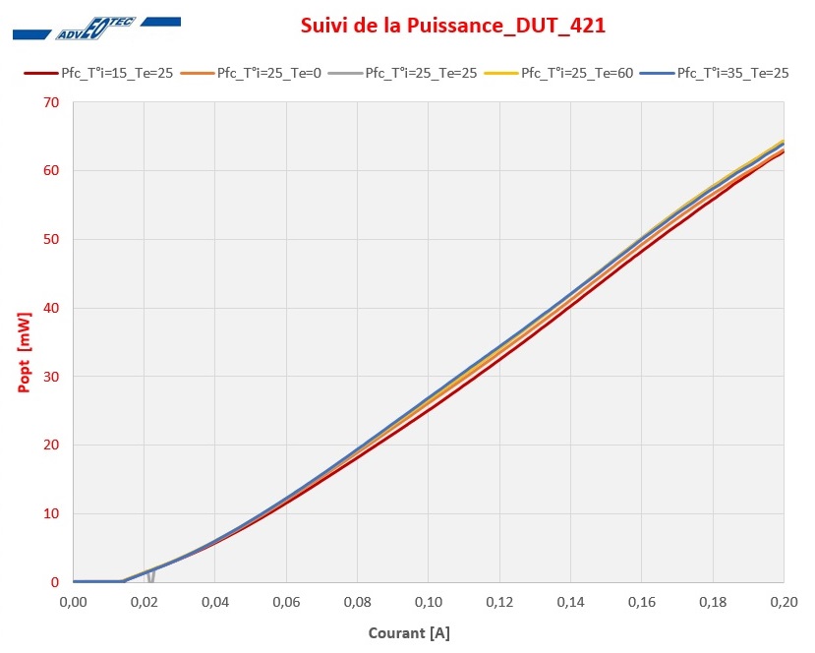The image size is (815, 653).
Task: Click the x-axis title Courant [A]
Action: [x=409, y=633]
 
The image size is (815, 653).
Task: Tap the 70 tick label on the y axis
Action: [x=50, y=102]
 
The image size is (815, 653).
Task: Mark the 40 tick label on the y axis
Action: [x=50, y=308]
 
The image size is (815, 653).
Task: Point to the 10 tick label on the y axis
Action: [x=50, y=513]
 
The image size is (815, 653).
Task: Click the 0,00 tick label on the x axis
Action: [x=74, y=600]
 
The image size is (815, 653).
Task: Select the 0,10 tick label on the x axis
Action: [x=429, y=600]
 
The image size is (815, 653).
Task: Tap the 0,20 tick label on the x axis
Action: [x=784, y=600]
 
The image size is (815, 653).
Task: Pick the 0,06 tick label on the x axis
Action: [x=286, y=600]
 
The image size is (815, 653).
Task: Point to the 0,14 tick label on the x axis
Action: [x=570, y=600]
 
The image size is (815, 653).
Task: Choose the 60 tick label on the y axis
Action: [x=50, y=171]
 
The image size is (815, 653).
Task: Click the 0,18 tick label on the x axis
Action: [x=713, y=600]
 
